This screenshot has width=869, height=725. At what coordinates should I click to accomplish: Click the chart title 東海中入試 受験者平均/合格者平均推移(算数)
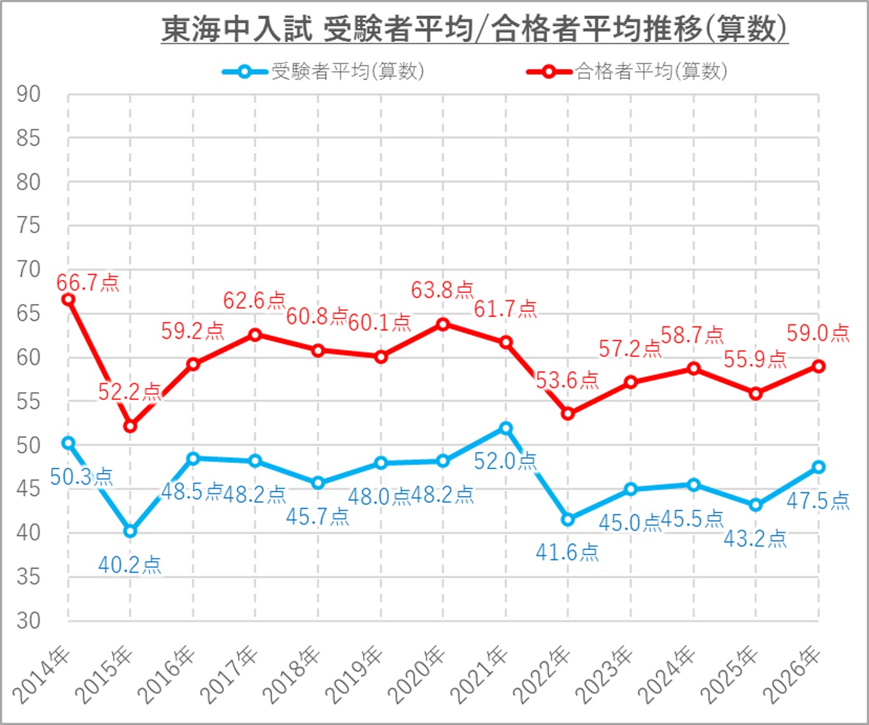pos(474,29)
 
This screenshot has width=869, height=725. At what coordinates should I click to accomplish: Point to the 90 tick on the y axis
pos(29,95)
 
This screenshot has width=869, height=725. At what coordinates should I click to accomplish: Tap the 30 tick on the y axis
pos(29,621)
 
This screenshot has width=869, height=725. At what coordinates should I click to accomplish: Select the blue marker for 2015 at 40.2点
pos(131,531)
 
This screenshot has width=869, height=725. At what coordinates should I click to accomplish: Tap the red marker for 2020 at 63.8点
pos(443,325)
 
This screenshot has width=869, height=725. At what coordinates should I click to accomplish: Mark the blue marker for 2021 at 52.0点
pos(506,428)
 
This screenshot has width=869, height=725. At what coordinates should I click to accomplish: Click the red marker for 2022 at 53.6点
pos(568,414)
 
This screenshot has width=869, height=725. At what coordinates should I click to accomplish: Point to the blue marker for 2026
pos(819,467)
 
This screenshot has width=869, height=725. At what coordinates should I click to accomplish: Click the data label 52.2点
pos(129,391)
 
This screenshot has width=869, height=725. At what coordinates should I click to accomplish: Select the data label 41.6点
pos(567,552)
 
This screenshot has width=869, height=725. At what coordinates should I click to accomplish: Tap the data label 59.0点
pos(818,333)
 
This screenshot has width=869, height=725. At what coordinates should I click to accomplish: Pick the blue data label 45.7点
pos(317,516)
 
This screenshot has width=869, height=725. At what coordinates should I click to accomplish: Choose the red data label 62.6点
pos(254,300)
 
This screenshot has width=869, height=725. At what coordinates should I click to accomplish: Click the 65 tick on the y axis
pos(29,314)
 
